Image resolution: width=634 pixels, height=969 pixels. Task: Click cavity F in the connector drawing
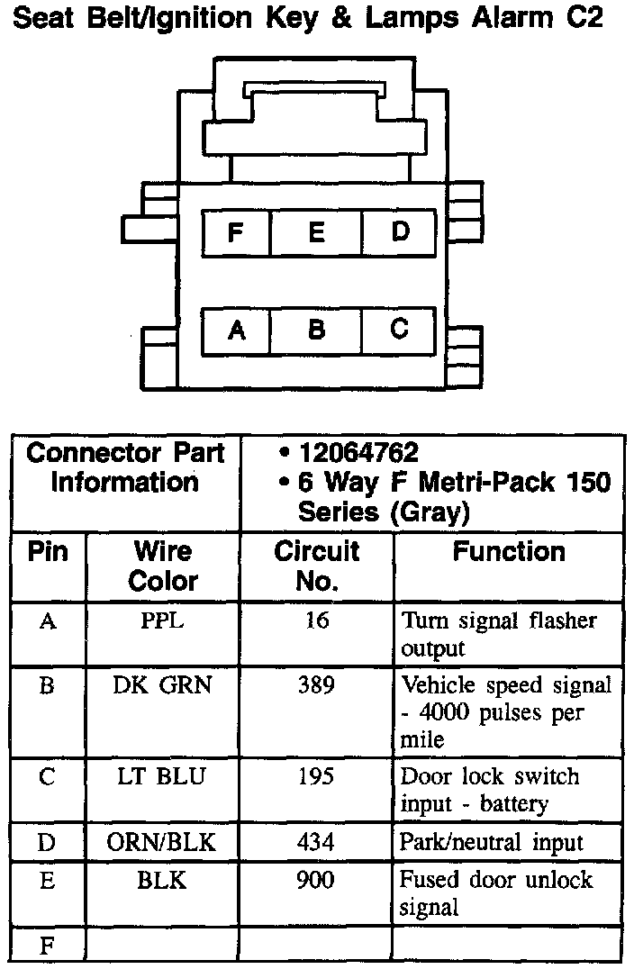click(x=236, y=233)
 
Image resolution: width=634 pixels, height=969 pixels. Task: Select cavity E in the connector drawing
click(x=316, y=233)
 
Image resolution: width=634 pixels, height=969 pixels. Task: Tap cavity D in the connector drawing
click(x=400, y=231)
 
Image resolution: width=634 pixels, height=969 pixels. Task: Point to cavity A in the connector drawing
click(x=237, y=331)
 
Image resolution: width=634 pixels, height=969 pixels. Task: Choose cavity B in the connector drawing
click(x=316, y=331)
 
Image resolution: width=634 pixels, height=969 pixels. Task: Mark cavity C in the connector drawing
click(x=399, y=330)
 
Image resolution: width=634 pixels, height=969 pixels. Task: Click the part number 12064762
click(x=359, y=453)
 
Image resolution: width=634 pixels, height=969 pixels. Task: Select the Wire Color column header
click(x=163, y=566)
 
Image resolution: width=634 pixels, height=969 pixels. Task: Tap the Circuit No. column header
click(x=316, y=566)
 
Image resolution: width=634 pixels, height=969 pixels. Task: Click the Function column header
click(x=509, y=551)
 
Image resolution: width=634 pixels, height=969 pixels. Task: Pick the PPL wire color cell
click(x=163, y=621)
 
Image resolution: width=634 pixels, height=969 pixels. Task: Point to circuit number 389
click(x=316, y=685)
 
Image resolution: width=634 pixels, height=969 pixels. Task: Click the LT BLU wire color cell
click(x=163, y=777)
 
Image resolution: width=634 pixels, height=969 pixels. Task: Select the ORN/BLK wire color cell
click(x=163, y=843)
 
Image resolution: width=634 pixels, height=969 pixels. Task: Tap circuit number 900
click(x=316, y=880)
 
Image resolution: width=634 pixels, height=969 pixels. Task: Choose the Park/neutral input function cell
click(x=492, y=843)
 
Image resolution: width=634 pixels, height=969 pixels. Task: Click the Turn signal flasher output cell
click(x=499, y=634)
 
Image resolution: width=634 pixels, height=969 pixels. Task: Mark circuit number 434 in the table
click(x=316, y=843)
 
